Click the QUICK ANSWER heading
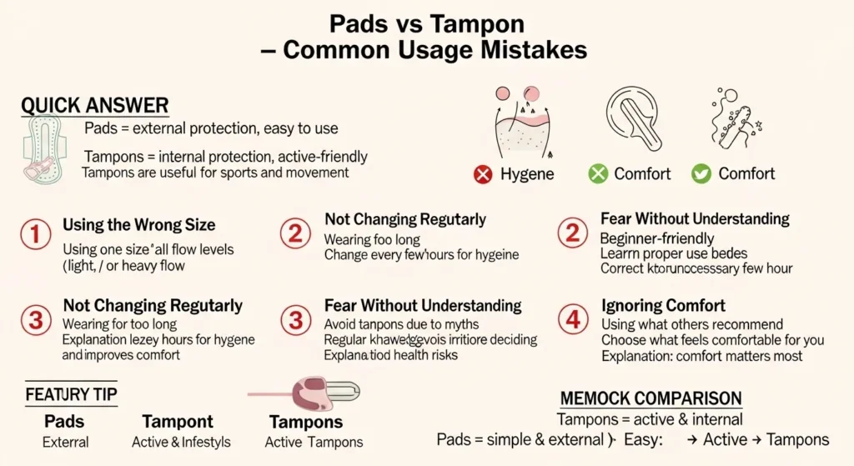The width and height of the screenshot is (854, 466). tap(94, 106)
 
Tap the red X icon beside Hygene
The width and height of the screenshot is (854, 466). tap(482, 174)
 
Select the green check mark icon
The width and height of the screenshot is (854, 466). tap(701, 174)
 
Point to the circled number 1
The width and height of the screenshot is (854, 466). tap(35, 234)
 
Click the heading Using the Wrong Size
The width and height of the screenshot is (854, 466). tap(138, 225)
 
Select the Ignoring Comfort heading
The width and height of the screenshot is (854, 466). tap(663, 306)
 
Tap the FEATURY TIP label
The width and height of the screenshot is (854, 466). tap(71, 393)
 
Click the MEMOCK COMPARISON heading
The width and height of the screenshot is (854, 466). tap(650, 398)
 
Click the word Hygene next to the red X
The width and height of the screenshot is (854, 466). tap(527, 174)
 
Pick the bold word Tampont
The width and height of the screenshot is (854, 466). tap(178, 422)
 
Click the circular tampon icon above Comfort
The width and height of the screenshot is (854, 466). tap(633, 122)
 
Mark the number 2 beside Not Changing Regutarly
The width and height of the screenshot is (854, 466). tap(295, 234)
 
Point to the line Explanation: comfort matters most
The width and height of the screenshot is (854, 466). tap(701, 356)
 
